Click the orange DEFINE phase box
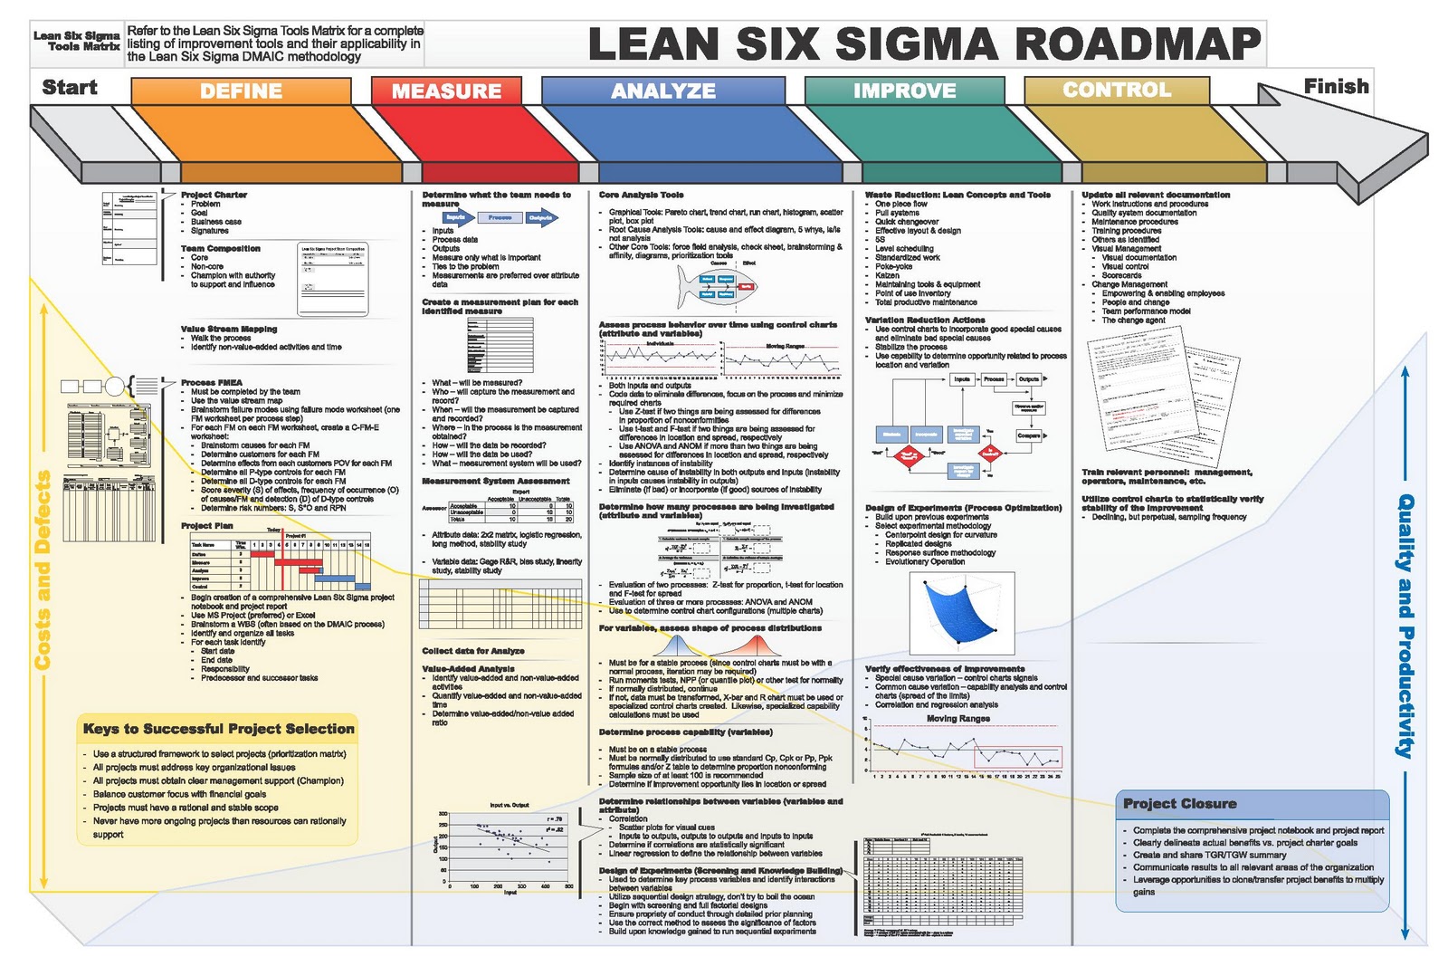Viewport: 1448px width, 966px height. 241,91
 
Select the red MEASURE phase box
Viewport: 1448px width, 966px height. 446,91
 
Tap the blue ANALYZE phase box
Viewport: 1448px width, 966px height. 663,91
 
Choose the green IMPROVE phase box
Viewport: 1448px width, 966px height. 904,91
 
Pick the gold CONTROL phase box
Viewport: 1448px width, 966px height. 1117,90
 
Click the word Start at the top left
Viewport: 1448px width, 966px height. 70,87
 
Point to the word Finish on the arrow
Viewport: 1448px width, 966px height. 1336,86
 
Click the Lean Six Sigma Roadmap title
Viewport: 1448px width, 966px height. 924,43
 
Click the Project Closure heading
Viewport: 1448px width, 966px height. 1179,803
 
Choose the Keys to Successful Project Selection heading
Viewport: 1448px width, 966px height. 218,729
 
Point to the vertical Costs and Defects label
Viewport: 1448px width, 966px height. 43,570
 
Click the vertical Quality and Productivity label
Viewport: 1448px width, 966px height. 1405,625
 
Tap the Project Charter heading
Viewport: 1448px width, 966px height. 214,195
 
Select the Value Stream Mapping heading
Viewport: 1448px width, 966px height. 229,329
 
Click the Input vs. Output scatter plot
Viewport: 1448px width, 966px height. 509,846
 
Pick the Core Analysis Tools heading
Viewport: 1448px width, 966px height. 641,195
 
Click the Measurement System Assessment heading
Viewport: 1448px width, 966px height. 495,481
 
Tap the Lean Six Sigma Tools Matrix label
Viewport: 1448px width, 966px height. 77,41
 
